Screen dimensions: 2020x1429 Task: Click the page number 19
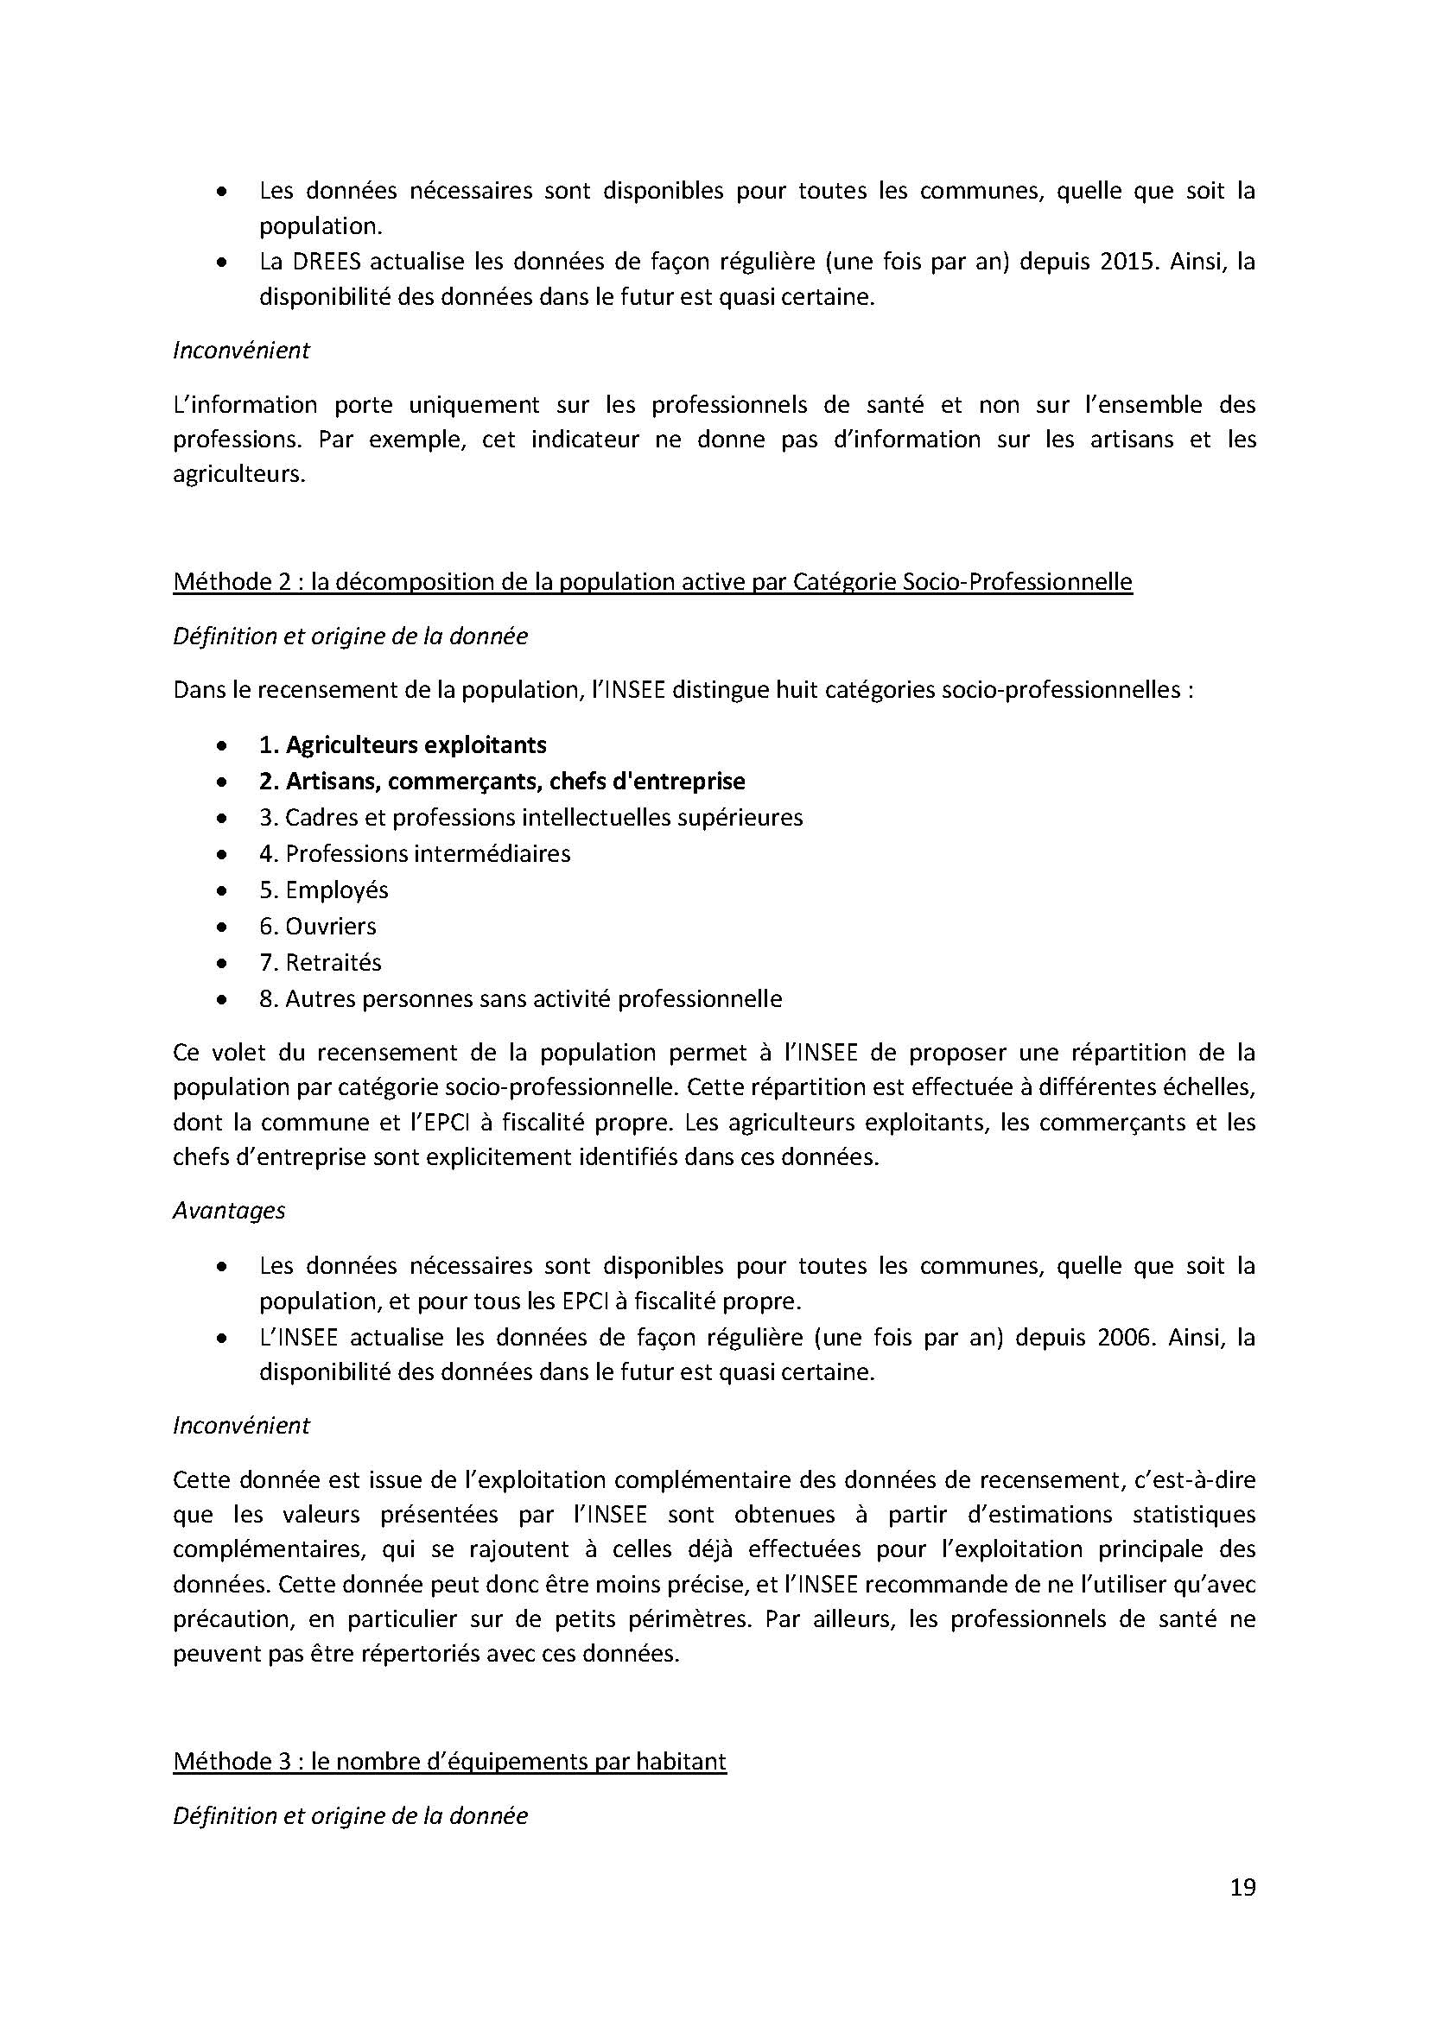point(1242,1888)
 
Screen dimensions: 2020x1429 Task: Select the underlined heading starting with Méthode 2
point(652,581)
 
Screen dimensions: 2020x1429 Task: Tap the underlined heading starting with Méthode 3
point(449,1761)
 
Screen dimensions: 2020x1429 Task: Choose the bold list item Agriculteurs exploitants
point(402,744)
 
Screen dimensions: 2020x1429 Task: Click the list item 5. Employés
point(323,890)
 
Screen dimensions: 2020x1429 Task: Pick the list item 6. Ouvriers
point(317,926)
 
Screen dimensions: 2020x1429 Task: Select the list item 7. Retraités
point(320,962)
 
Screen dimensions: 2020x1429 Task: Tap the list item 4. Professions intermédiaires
point(415,853)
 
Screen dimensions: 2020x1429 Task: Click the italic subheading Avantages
point(229,1211)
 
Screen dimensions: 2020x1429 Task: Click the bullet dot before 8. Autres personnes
point(225,999)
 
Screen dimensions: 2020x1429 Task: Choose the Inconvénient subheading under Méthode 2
point(241,1425)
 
